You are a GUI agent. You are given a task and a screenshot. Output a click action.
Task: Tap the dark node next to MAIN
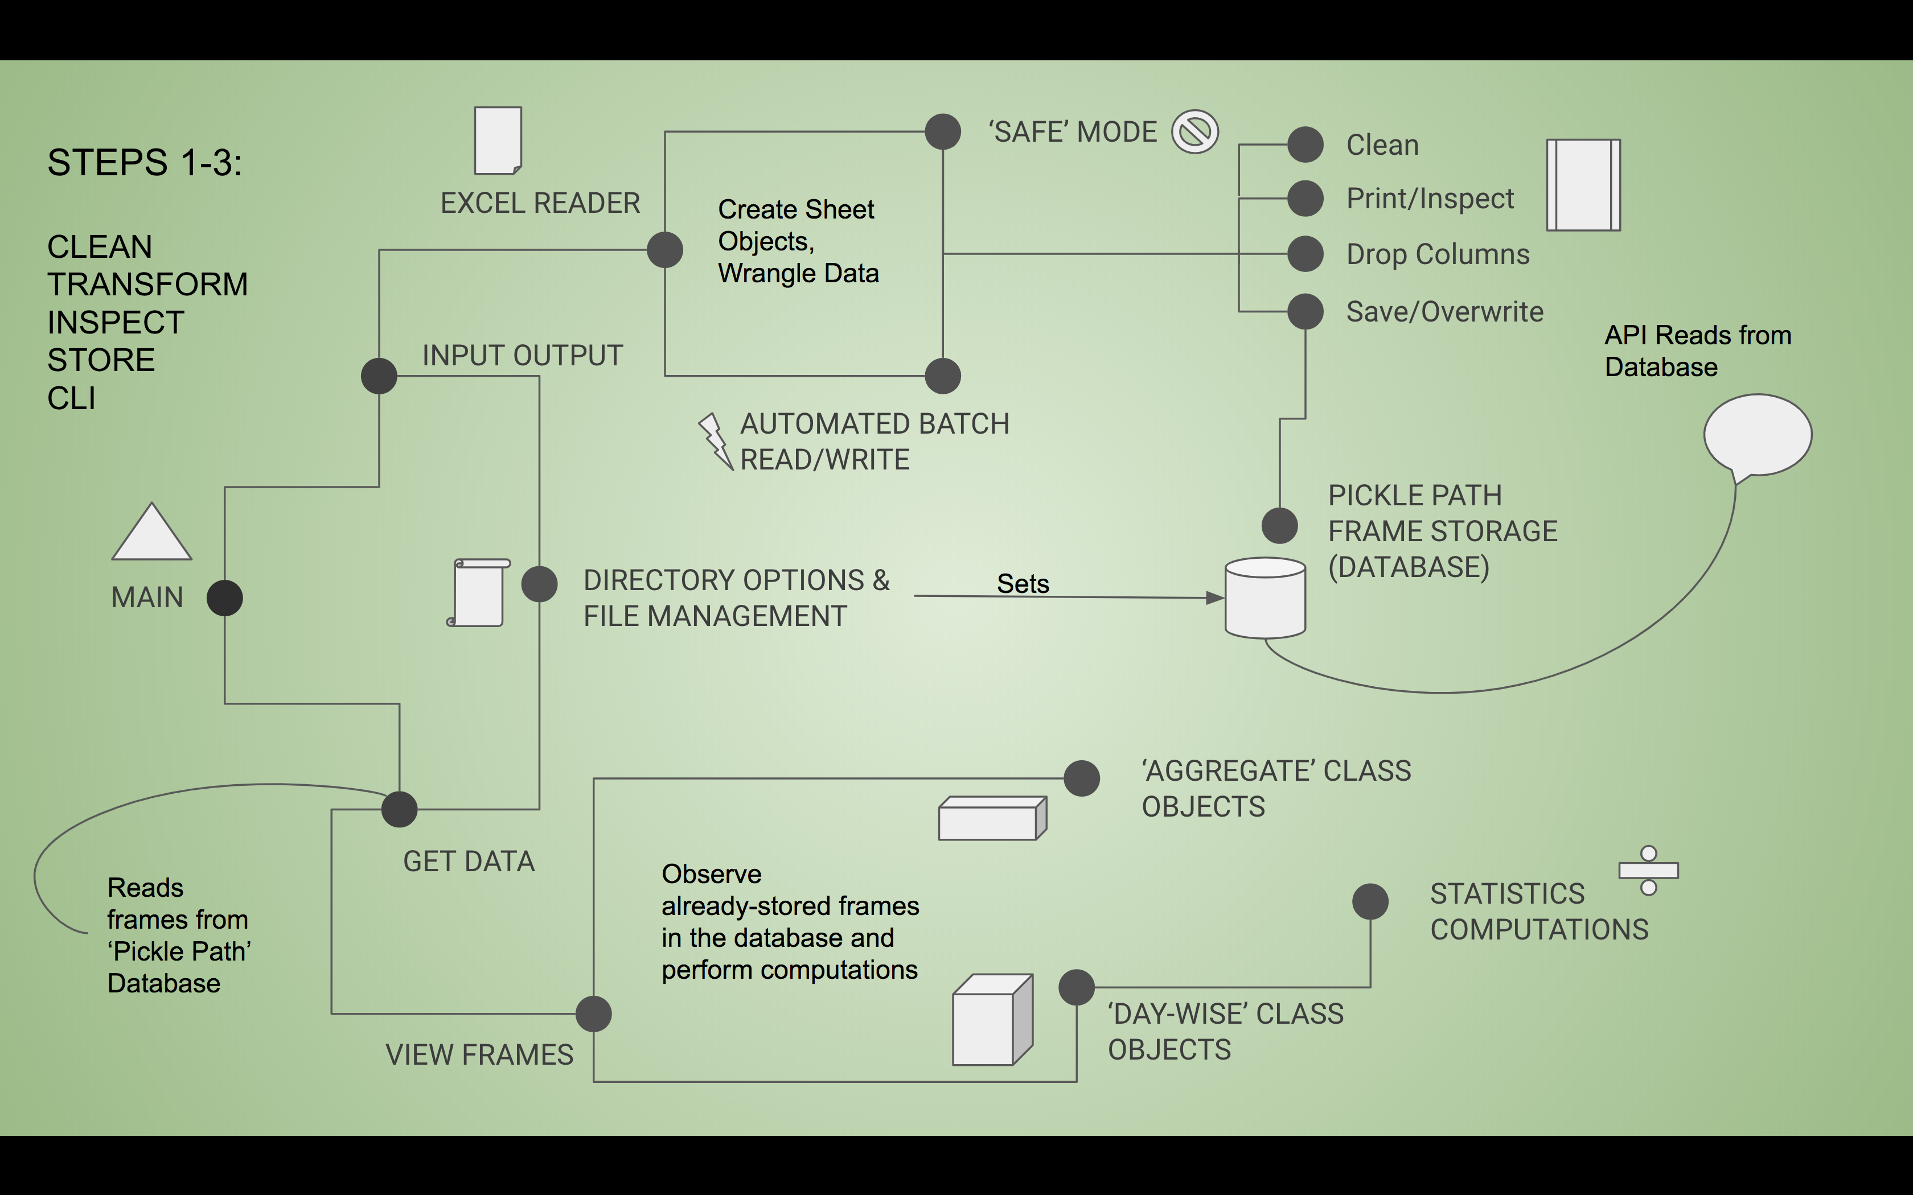(x=224, y=597)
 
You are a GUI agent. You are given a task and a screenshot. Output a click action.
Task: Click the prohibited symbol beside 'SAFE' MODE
(x=1194, y=131)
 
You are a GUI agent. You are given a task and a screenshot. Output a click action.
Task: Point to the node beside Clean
(x=1305, y=145)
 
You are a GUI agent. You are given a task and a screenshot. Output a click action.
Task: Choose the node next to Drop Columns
(x=1305, y=254)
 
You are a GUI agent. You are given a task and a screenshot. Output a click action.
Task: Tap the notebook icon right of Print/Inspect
(x=1583, y=185)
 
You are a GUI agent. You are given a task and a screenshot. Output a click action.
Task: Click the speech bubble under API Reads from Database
(x=1756, y=435)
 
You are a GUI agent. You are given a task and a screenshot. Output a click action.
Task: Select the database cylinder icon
(x=1265, y=598)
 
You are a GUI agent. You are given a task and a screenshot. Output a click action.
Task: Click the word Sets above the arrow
(x=1023, y=583)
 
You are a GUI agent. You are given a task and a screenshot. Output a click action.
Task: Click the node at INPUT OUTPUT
(x=379, y=376)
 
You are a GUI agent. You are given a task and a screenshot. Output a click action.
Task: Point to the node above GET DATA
(x=399, y=809)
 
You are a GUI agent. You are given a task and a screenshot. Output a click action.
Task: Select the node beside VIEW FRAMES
(x=594, y=1013)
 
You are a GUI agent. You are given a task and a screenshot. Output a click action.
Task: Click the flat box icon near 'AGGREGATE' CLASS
(x=992, y=819)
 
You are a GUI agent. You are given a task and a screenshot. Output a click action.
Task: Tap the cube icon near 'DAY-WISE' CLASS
(x=992, y=1020)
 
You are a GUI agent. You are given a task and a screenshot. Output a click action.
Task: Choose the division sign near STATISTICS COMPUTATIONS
(x=1648, y=870)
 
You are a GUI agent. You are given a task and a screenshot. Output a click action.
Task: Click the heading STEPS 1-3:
(x=145, y=163)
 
